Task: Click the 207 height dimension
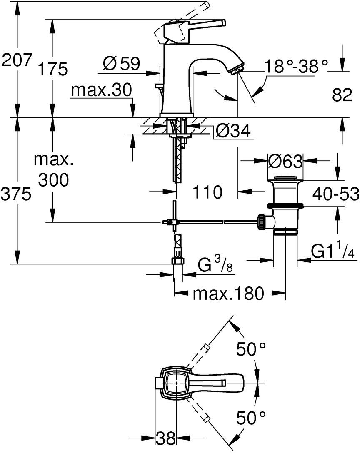click(x=16, y=60)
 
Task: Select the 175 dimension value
click(x=53, y=69)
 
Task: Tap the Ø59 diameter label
click(x=122, y=64)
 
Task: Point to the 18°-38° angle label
click(x=296, y=66)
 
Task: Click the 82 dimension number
click(x=342, y=95)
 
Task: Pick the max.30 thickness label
click(x=102, y=90)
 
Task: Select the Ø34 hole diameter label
click(x=233, y=132)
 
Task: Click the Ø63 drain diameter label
click(x=285, y=161)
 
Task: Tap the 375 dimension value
click(x=16, y=194)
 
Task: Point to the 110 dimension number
click(x=207, y=192)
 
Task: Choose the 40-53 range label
click(x=336, y=194)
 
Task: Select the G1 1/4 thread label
click(x=333, y=251)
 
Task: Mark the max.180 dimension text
click(x=228, y=294)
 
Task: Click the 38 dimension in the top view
click(x=166, y=438)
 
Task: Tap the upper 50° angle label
click(x=251, y=349)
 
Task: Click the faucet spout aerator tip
click(x=237, y=70)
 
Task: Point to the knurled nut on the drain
click(x=261, y=222)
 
